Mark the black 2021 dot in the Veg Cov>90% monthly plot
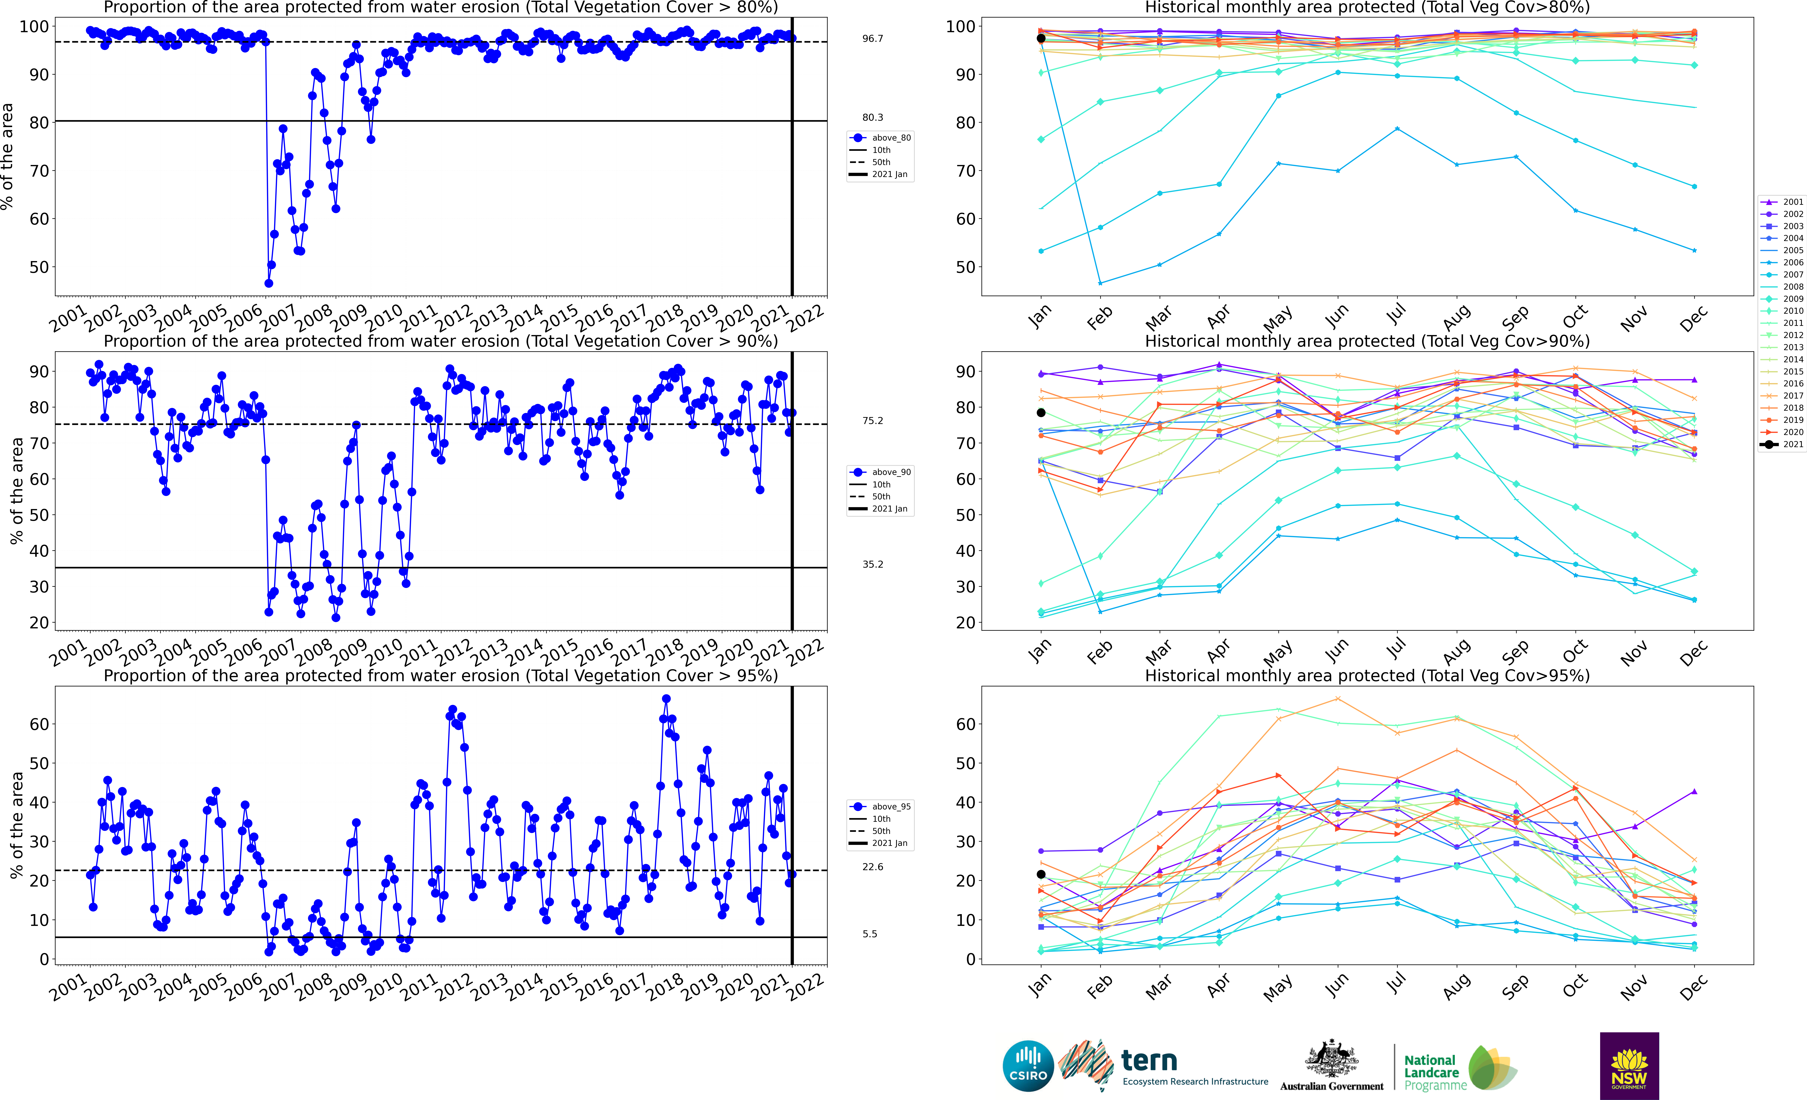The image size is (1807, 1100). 1041,413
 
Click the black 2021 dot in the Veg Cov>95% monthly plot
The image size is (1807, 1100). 1041,874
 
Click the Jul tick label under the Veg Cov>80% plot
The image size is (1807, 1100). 1396,315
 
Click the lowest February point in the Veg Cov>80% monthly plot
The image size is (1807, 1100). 1100,283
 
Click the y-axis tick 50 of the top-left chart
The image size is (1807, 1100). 39,267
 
